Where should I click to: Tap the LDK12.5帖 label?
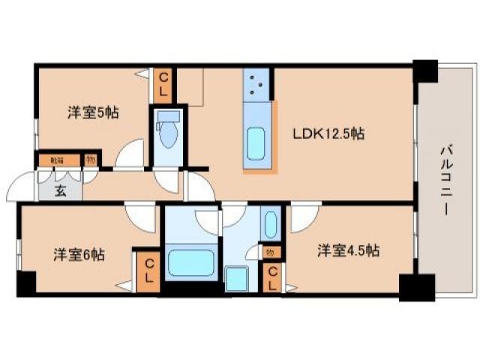click(328, 134)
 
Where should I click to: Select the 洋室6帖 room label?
click(78, 253)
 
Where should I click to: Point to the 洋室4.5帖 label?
click(346, 250)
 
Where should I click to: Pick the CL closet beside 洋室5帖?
click(163, 84)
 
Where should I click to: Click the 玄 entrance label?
click(60, 190)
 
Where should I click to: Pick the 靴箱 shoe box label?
click(57, 160)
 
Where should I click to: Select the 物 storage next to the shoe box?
click(90, 159)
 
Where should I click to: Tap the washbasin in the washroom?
click(270, 224)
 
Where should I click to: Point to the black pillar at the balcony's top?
click(425, 70)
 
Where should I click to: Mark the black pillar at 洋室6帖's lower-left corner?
click(25, 284)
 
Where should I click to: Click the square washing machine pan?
click(237, 278)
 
